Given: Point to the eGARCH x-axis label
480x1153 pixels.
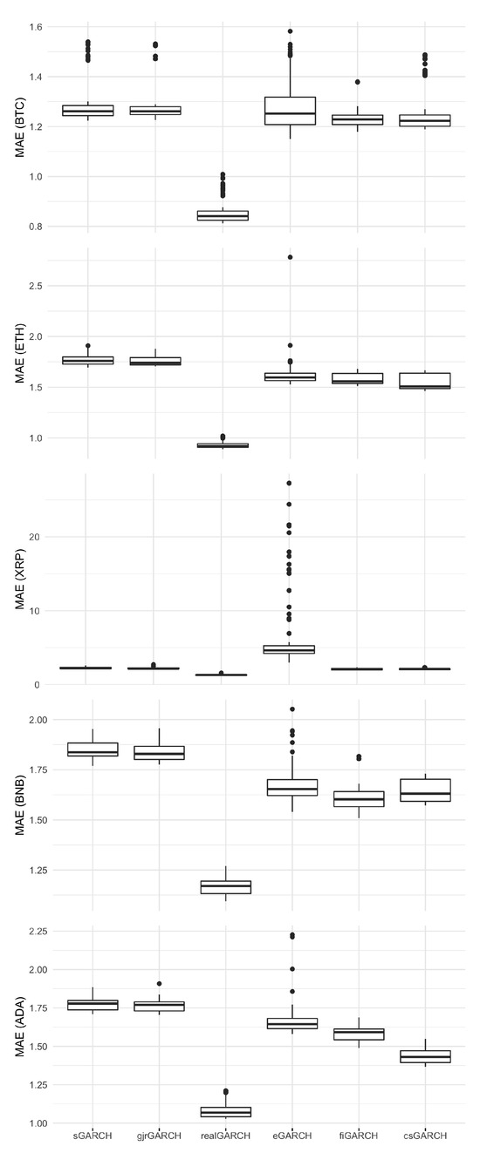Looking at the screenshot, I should tap(291, 1136).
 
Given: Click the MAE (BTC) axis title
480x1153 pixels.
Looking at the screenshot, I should tap(18, 126).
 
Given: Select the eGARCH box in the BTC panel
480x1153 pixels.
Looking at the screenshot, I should tap(291, 111).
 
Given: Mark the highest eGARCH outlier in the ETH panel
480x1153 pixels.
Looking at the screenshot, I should tap(291, 257).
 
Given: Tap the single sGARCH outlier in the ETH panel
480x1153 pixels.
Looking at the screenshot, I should tap(88, 346).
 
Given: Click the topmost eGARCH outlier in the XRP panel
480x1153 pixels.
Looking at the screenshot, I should tap(290, 483).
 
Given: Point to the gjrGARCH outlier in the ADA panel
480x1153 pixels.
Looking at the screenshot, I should tap(158, 983).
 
